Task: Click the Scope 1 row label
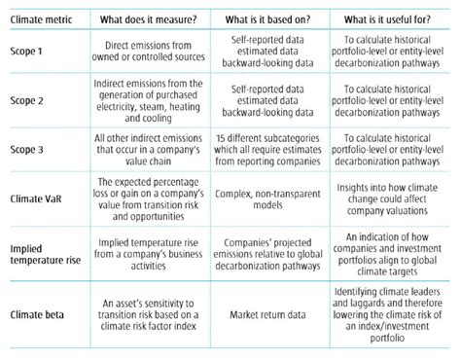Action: (28, 51)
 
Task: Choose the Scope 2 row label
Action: (28, 99)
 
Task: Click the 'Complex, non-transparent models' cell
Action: (269, 195)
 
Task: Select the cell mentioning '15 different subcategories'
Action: (269, 148)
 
